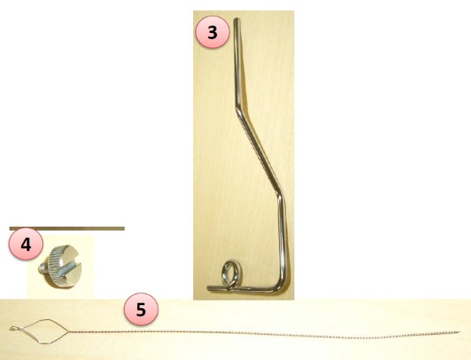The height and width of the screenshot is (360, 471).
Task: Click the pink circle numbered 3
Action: point(213,32)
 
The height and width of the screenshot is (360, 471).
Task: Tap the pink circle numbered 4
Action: point(26,244)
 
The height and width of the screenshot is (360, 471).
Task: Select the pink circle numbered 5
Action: point(141,309)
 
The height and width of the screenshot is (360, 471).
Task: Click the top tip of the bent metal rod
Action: point(237,20)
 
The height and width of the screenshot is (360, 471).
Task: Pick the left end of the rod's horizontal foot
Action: point(209,289)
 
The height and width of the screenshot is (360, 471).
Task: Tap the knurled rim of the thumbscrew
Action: point(54,264)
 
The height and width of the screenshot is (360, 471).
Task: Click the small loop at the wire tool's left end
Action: point(13,329)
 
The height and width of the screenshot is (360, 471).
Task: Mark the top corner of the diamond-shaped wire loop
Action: point(46,320)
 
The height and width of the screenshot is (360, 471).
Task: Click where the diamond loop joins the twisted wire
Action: point(68,332)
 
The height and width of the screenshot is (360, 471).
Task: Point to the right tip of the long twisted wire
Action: point(459,332)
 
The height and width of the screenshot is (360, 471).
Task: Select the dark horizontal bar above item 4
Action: point(67,228)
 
